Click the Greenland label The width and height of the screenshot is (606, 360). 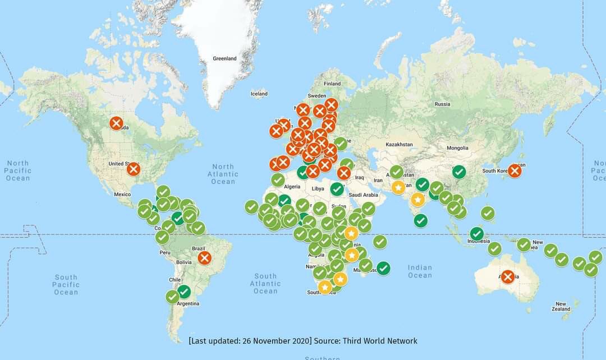(x=224, y=58)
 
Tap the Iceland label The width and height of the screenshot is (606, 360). (x=259, y=94)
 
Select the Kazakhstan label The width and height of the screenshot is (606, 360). (x=399, y=145)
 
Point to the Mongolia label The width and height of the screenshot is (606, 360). (x=457, y=149)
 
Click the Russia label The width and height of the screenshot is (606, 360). (x=442, y=104)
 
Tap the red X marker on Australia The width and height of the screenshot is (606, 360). (x=508, y=276)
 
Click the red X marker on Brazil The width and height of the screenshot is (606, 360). (x=204, y=258)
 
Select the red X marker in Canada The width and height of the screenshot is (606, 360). (x=116, y=123)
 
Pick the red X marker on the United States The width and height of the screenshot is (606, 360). (x=133, y=169)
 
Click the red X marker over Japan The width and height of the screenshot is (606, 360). (x=514, y=170)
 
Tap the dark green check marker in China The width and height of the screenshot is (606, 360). (x=459, y=172)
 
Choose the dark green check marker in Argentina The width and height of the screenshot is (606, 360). (x=183, y=292)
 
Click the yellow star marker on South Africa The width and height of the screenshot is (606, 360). (x=325, y=287)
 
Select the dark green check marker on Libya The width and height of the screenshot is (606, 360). (x=337, y=189)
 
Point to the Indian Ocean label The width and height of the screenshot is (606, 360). (x=420, y=271)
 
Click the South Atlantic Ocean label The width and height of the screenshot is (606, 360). (x=265, y=283)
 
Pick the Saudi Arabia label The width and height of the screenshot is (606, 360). (x=362, y=195)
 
